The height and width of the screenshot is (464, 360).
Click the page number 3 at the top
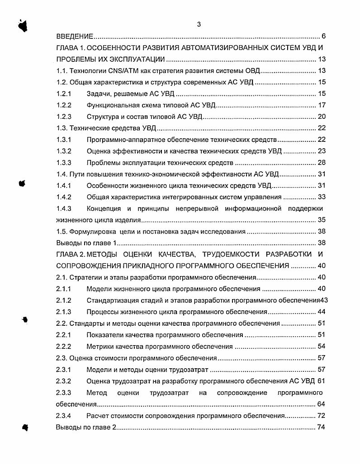click(199, 24)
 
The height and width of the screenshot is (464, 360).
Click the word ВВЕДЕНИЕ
click(75, 37)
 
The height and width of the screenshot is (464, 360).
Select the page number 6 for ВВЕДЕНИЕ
click(324, 37)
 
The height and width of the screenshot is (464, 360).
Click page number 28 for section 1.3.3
click(321, 163)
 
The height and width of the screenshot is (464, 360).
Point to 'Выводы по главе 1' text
click(84, 243)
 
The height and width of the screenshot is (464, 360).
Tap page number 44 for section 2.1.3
click(321, 312)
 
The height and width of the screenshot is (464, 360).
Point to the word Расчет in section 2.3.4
click(96, 416)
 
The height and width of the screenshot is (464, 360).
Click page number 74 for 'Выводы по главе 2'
click(321, 427)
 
